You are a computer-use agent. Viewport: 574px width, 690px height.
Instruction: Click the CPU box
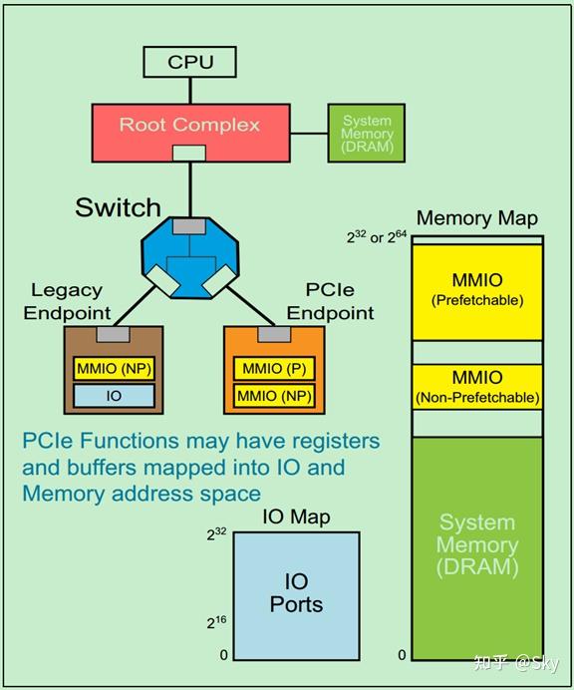tap(190, 62)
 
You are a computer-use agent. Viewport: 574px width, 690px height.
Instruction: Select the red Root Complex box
tap(191, 133)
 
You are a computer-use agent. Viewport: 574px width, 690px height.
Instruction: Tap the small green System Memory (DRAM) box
tap(367, 133)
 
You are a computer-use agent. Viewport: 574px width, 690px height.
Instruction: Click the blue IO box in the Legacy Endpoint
tap(114, 396)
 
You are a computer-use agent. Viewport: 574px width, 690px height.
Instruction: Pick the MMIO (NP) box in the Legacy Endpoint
tap(114, 368)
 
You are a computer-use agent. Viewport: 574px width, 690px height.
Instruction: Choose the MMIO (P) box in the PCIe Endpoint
tap(274, 368)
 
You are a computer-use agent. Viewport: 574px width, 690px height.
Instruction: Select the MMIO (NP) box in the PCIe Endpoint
tap(274, 396)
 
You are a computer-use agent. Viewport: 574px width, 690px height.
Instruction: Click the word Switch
tap(118, 207)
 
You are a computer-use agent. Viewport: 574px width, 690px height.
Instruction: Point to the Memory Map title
tap(477, 218)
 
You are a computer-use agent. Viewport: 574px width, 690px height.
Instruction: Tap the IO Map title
tap(296, 517)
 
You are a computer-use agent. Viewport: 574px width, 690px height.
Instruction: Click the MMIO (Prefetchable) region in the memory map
tap(477, 292)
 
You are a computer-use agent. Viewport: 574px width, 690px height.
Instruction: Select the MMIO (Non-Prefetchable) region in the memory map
tap(477, 387)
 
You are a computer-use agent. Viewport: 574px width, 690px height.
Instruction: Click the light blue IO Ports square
tap(296, 596)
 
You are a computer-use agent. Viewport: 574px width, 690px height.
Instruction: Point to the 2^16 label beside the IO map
tap(217, 622)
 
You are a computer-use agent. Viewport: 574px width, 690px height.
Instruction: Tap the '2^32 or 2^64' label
tap(377, 236)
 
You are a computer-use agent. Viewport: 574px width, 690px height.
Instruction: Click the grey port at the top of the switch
tap(189, 226)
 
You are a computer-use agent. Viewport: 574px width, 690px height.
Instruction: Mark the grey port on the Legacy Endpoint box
tap(113, 334)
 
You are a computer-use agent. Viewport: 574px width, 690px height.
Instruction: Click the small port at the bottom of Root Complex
tap(189, 154)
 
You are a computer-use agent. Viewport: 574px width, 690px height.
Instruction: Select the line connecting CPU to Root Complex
tap(190, 91)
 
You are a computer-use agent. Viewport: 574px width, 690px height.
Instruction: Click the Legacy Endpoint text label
tap(67, 301)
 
